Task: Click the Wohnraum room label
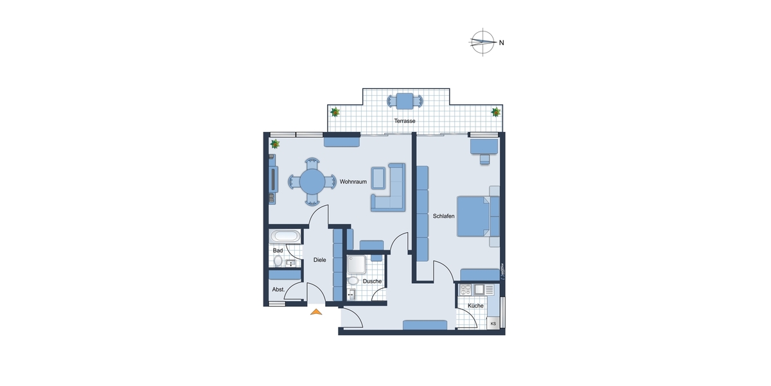point(353,182)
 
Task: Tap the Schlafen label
point(443,216)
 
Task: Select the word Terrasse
point(405,121)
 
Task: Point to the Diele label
point(319,260)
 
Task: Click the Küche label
point(475,306)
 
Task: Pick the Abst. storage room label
point(278,289)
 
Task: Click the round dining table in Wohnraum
point(313,181)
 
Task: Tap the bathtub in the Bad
point(284,235)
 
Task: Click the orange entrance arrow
point(316,313)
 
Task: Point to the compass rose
point(483,43)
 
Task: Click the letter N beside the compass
point(502,43)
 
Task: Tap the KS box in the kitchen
point(493,323)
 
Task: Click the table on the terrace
point(405,101)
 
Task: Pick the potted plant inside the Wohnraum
point(275,143)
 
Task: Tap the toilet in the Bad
point(278,261)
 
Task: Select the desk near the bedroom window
point(484,146)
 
